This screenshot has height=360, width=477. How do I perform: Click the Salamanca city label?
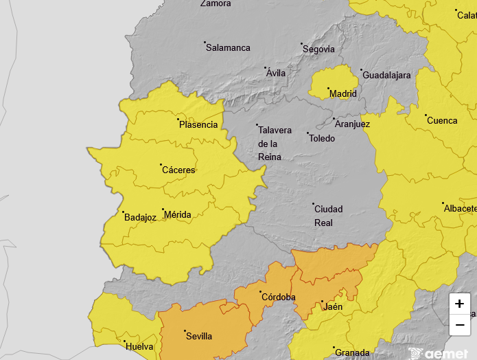229,48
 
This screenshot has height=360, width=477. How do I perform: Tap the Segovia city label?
319,49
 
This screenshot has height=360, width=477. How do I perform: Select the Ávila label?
276,74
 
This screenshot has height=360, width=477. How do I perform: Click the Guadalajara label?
386,76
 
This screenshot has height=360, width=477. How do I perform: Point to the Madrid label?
343,94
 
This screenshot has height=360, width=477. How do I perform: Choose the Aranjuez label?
353,124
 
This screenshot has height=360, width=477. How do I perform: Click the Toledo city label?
323,139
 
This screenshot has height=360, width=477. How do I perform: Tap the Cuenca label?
442,121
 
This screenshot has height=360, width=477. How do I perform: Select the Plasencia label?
198,125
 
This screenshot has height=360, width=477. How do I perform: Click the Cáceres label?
178,170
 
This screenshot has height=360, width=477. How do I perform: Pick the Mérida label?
178,215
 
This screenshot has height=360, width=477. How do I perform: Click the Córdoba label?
279,297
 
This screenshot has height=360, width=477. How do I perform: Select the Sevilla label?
200,337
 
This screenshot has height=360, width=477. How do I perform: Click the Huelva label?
140,346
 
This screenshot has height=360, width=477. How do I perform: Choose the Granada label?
351,353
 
